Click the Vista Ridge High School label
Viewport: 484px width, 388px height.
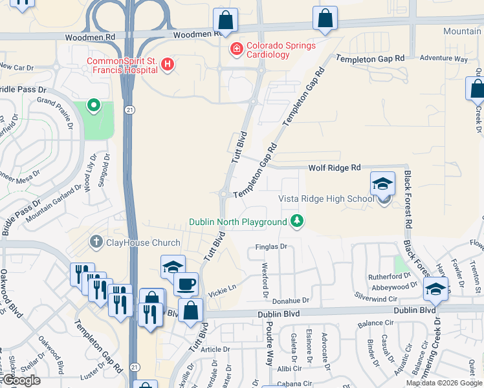tap(326, 199)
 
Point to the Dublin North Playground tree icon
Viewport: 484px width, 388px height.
tap(297, 221)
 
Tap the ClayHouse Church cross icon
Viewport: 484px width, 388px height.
tap(96, 242)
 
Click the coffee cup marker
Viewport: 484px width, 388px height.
tap(186, 285)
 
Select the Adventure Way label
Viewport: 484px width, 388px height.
tap(443, 59)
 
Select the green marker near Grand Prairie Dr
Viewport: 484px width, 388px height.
tap(94, 105)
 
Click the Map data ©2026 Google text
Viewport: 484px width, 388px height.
tap(444, 383)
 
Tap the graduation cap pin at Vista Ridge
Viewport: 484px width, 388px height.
tap(382, 184)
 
